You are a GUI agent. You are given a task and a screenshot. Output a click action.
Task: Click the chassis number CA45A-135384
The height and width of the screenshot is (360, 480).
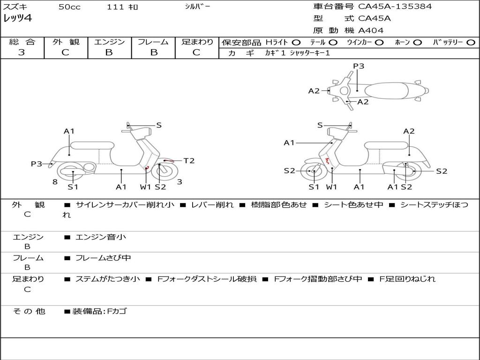pyautogui.click(x=395, y=7)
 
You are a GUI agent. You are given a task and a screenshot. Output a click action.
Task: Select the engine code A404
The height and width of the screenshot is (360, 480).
pyautogui.click(x=371, y=30)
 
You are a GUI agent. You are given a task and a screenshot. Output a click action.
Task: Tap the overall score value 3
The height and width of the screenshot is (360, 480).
pyautogui.click(x=22, y=52)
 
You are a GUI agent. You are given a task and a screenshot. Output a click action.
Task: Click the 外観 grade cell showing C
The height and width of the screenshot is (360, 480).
pyautogui.click(x=65, y=52)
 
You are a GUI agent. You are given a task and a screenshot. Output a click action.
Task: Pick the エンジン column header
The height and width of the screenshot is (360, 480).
pyautogui.click(x=109, y=42)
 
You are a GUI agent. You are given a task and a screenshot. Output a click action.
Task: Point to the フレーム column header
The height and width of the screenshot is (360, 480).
pyautogui.click(x=153, y=42)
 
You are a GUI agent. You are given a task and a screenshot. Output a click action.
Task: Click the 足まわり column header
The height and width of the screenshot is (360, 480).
pyautogui.click(x=197, y=42)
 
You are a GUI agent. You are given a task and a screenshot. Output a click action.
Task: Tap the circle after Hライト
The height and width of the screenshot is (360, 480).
pyautogui.click(x=297, y=42)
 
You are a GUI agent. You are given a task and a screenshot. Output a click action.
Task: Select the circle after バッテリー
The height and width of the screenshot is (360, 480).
pyautogui.click(x=470, y=42)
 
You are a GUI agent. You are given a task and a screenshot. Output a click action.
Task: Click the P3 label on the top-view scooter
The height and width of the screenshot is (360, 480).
pyautogui.click(x=359, y=66)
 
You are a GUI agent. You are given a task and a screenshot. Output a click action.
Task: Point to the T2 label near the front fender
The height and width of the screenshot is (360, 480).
pyautogui.click(x=189, y=161)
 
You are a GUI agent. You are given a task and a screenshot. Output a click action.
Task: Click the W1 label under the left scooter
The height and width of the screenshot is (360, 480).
pyautogui.click(x=146, y=187)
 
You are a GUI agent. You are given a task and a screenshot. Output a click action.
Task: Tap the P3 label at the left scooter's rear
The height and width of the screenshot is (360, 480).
pyautogui.click(x=37, y=164)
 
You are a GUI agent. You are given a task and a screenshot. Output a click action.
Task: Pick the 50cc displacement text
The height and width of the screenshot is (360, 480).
pyautogui.click(x=69, y=7)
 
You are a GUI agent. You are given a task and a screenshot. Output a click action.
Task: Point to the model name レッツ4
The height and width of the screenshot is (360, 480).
pyautogui.click(x=17, y=19)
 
